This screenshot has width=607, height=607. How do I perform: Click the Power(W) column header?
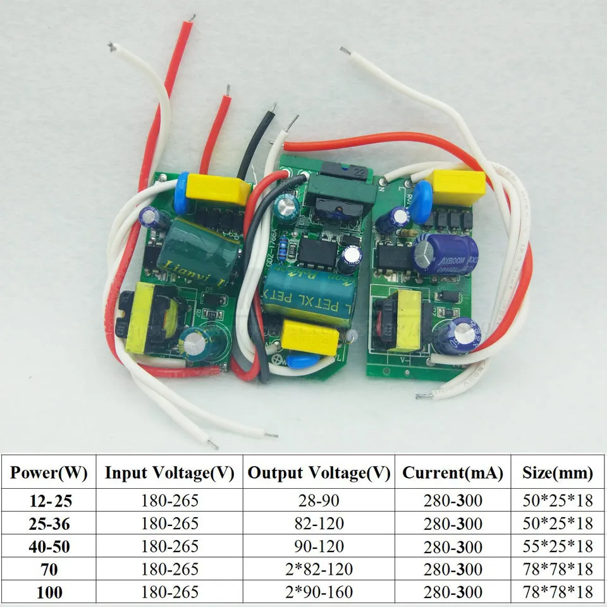coord(49,472)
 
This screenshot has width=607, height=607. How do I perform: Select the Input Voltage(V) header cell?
coord(169,472)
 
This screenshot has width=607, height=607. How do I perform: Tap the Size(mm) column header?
coord(558,472)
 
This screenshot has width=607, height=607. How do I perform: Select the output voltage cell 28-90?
coord(319,501)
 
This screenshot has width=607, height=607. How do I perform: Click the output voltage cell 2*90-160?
coord(319,592)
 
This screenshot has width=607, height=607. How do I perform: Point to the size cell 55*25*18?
coord(558,546)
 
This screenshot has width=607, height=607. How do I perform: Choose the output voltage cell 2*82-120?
coord(319,569)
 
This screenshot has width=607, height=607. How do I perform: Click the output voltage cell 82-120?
coord(319,524)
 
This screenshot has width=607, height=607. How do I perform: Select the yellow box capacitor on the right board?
coord(458,187)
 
